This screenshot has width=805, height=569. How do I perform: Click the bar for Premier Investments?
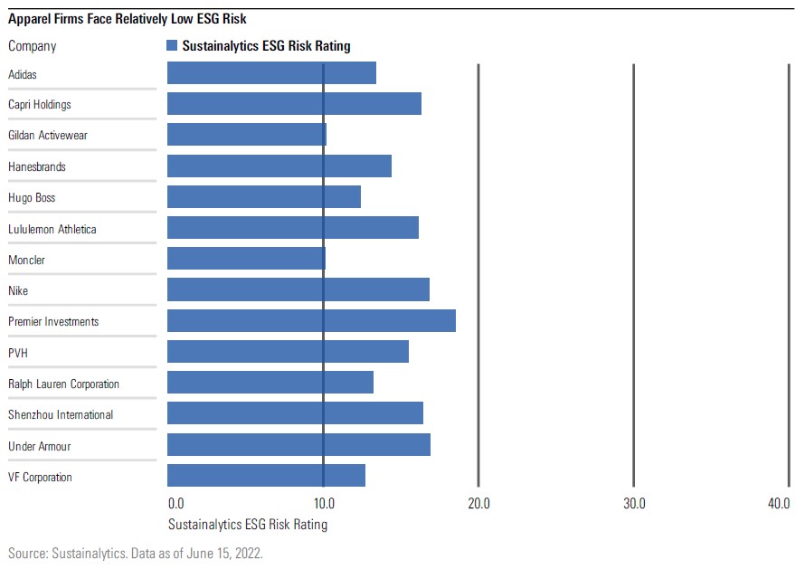pyautogui.click(x=311, y=321)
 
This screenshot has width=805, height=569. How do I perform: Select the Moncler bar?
pyautogui.click(x=246, y=260)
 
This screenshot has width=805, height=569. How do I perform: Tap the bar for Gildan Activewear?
pyautogui.click(x=247, y=135)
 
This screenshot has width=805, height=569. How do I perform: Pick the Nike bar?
pyautogui.click(x=298, y=290)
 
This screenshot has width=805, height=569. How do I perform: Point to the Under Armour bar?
pyautogui.click(x=298, y=445)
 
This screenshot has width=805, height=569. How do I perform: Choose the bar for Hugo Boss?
pyautogui.click(x=264, y=197)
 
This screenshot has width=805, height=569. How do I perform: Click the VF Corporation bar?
pyautogui.click(x=266, y=476)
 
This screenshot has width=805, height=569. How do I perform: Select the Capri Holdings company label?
pyautogui.click(x=40, y=104)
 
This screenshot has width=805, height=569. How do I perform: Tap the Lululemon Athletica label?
pyautogui.click(x=52, y=229)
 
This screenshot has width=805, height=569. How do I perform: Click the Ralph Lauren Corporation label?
pyautogui.click(x=63, y=384)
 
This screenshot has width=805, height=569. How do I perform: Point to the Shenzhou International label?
pyautogui.click(x=61, y=414)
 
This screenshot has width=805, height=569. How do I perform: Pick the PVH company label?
pyautogui.click(x=19, y=353)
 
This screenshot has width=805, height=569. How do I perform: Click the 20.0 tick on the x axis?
pyautogui.click(x=478, y=503)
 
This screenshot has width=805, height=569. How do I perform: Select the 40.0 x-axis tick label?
pyautogui.click(x=779, y=503)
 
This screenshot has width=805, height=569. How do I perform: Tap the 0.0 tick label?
pyautogui.click(x=176, y=503)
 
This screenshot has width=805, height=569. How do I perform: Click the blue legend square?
pyautogui.click(x=172, y=45)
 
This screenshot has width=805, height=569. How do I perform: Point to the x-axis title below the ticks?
pyautogui.click(x=248, y=524)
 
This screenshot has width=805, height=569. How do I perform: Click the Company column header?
pyautogui.click(x=32, y=46)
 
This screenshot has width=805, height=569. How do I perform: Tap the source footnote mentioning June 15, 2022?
pyautogui.click(x=136, y=552)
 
